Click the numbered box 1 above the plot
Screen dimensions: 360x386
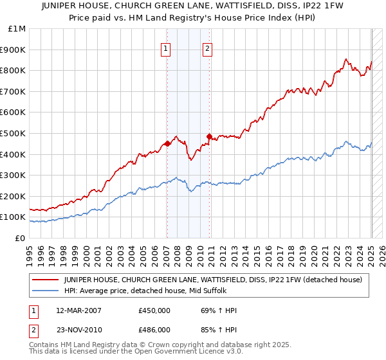(x=166, y=48)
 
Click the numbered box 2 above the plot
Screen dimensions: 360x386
(x=208, y=48)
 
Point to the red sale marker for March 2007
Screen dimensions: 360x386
(x=167, y=144)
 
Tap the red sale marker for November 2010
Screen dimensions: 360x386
(x=209, y=136)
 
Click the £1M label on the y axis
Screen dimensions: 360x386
(x=17, y=29)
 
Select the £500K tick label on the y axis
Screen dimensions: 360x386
(x=14, y=133)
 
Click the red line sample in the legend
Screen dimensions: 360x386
(x=46, y=280)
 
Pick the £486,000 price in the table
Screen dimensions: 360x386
(x=155, y=330)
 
